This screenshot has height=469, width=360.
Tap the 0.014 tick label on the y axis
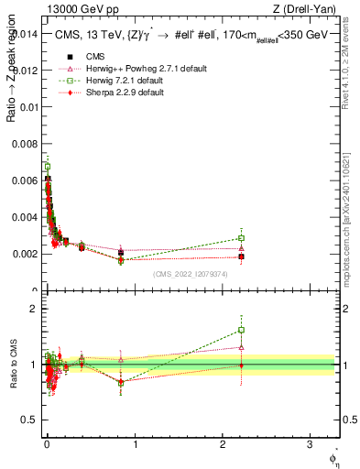tap(24, 33)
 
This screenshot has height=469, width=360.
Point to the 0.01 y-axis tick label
tap(27, 106)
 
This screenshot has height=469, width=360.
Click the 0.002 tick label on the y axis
tap(24, 254)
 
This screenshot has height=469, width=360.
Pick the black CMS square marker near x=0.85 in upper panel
tap(121, 253)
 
